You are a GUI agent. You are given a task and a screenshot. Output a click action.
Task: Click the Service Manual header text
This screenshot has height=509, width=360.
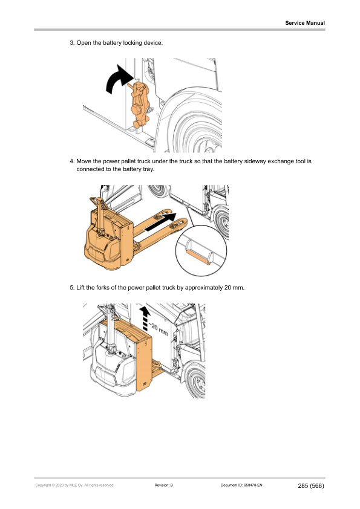pos(305,23)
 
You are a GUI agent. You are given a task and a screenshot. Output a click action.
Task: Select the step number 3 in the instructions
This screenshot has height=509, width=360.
pos(71,44)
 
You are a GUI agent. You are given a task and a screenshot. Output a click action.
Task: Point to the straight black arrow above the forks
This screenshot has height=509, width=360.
pos(163,221)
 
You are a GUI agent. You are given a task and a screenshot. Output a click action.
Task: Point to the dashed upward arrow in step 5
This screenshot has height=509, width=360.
pos(144,318)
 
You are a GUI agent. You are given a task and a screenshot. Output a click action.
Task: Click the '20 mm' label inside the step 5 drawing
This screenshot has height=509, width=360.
pos(159,330)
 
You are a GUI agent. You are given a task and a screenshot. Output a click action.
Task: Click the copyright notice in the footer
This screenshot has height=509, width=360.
pos(74,485)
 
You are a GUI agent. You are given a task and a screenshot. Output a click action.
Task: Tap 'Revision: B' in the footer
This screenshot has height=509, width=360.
pos(164,485)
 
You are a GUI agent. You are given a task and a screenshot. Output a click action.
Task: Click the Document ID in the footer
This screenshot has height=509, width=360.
pos(240,485)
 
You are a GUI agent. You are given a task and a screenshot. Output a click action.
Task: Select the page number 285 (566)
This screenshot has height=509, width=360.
pos(311,485)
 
